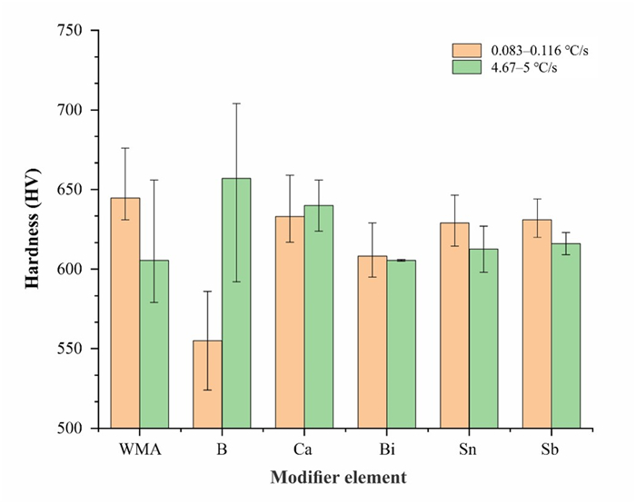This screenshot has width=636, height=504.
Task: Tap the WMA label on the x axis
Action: pyautogui.click(x=140, y=450)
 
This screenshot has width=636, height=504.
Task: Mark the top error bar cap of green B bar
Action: pyautogui.click(x=236, y=104)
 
